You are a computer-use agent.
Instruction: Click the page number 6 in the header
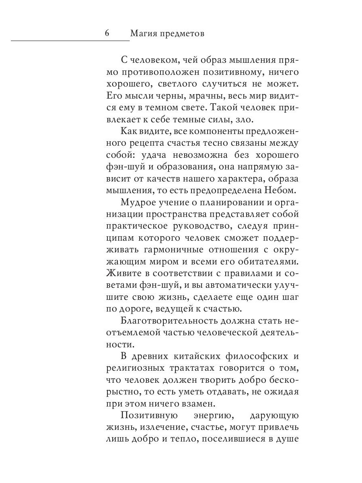point(107,33)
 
